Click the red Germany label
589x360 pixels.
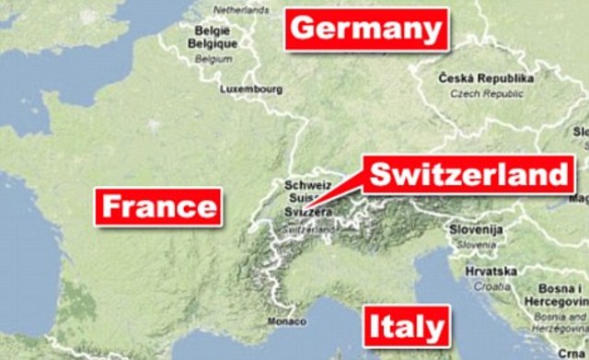pyautogui.click(x=366, y=29)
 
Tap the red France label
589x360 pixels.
pyautogui.click(x=158, y=206)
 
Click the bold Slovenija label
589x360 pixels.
pyautogui.click(x=475, y=228)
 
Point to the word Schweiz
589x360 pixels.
pyautogui.click(x=306, y=184)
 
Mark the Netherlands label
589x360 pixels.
pyautogui.click(x=238, y=10)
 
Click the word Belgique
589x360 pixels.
pyautogui.click(x=214, y=42)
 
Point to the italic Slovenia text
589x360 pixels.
pyautogui.click(x=475, y=246)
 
